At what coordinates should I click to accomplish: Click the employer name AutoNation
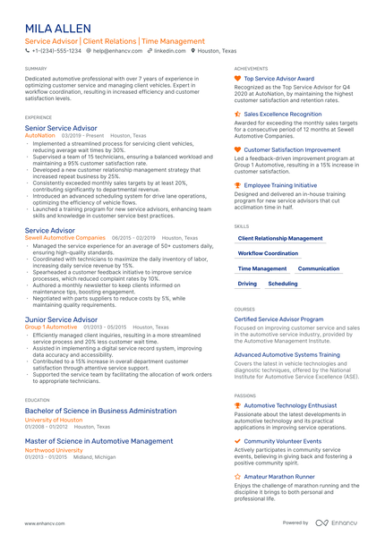coord(40,136)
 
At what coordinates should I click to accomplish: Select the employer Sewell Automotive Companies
coord(65,238)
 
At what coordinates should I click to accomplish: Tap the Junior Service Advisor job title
coord(62,319)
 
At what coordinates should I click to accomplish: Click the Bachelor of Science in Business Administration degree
coord(101,411)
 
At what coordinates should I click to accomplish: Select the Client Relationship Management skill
coord(280,239)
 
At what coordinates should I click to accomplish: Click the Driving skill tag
coord(247,284)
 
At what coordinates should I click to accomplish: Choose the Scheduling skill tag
coord(283,284)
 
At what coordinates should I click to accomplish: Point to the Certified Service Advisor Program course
coord(278,319)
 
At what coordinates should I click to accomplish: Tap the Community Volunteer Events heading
coord(283,441)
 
